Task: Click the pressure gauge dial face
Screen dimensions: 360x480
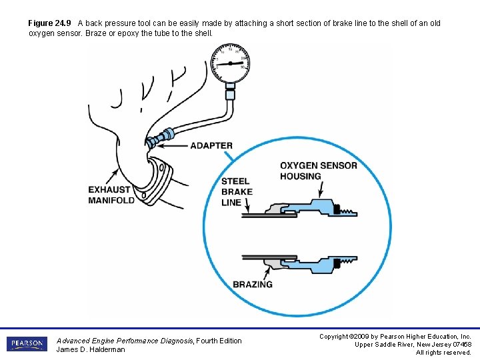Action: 230,63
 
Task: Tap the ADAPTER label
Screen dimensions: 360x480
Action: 211,145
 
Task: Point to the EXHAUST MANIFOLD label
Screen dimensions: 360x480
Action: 111,195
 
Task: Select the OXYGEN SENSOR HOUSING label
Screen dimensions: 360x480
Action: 318,171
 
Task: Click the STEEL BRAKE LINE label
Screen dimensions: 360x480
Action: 237,191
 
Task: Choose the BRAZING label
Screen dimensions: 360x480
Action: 253,284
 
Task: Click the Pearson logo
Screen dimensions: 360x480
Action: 27,344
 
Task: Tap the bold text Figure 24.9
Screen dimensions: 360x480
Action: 51,23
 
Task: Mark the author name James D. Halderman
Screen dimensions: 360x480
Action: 91,349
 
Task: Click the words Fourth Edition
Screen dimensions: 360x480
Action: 219,341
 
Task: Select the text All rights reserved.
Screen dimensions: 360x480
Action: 443,353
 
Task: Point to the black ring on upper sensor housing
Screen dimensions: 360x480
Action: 337,207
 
